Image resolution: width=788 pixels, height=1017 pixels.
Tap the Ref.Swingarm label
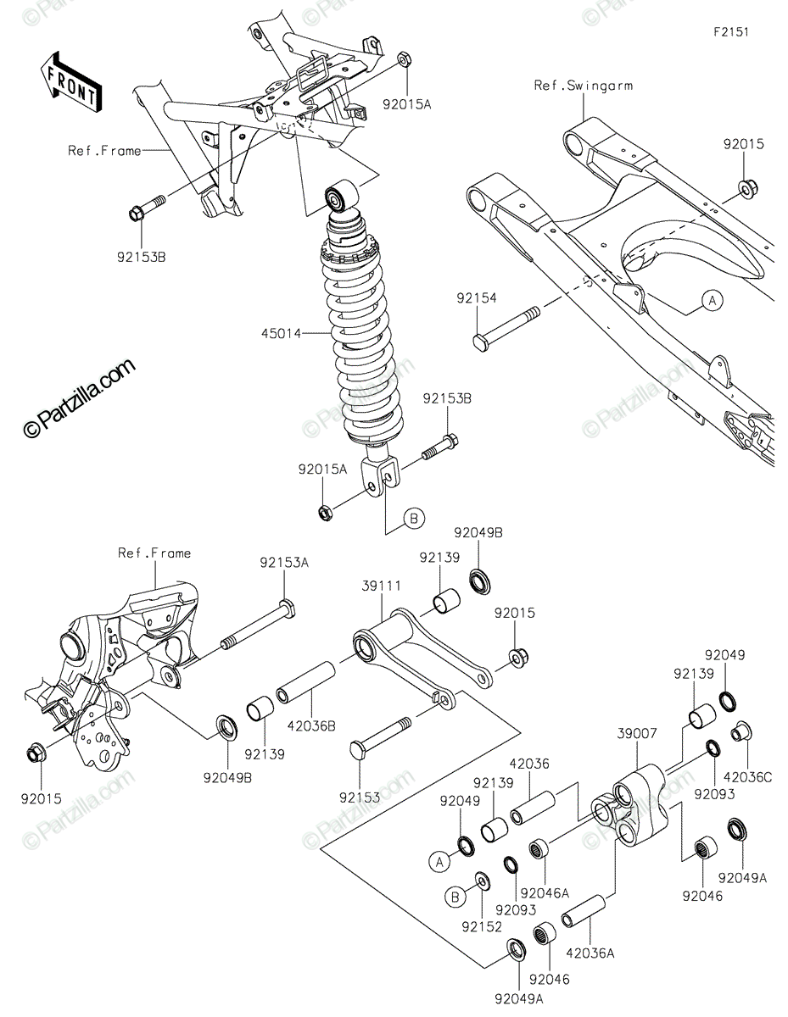click(583, 86)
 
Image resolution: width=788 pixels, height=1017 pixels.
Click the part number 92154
click(476, 298)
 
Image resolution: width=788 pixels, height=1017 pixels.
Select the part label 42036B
click(311, 725)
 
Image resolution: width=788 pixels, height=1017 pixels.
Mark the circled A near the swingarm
click(711, 298)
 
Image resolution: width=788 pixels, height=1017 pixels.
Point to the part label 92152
click(479, 926)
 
